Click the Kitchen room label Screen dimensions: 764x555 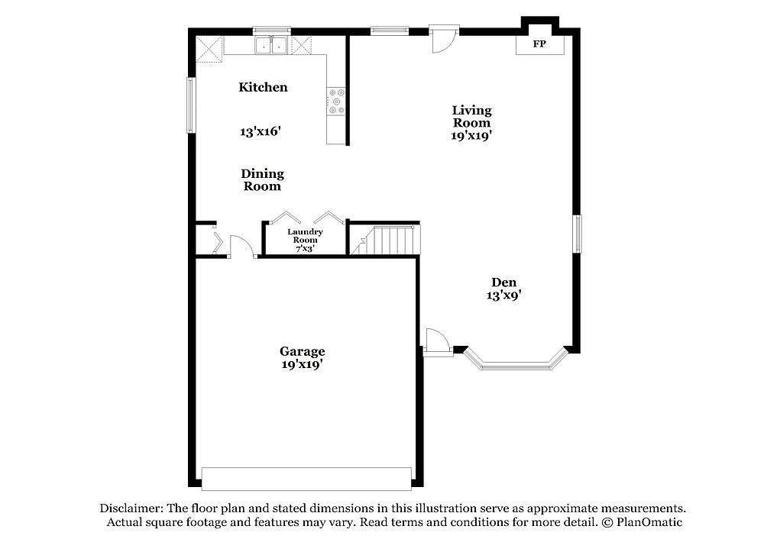tap(263, 87)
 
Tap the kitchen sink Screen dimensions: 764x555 tap(271, 45)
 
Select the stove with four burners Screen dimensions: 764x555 tap(336, 102)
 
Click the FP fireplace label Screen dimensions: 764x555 tap(539, 44)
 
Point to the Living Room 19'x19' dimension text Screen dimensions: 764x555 tap(471, 135)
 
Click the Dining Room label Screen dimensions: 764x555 tap(262, 179)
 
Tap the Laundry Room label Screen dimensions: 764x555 tap(305, 236)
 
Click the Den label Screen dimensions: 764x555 tap(503, 282)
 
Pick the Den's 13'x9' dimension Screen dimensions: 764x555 tap(504, 295)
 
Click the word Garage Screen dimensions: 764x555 tap(302, 351)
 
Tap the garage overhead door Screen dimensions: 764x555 tap(306, 479)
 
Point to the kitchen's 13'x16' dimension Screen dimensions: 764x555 tap(261, 131)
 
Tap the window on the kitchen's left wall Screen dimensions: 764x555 tap(192, 105)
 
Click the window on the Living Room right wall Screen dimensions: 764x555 tap(577, 234)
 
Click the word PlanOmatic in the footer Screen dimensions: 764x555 tap(649, 522)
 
